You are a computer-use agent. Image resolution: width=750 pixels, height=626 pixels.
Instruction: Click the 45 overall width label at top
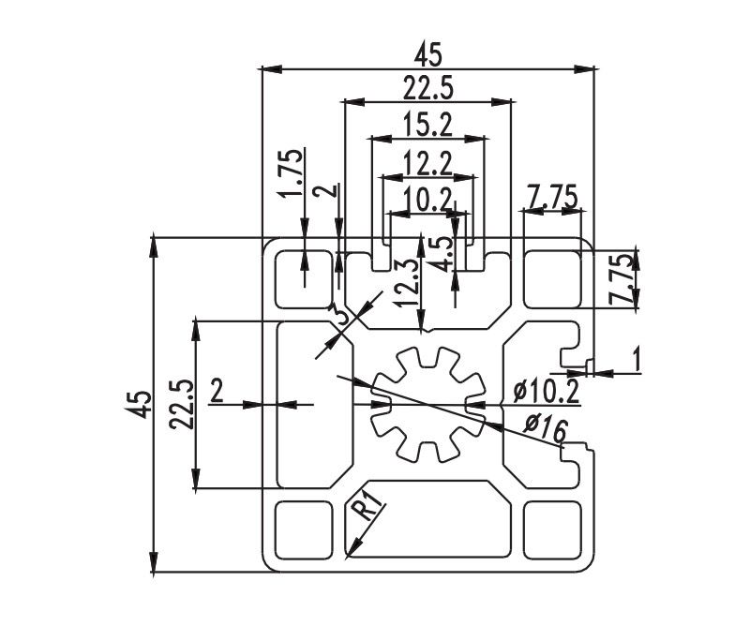[428, 54]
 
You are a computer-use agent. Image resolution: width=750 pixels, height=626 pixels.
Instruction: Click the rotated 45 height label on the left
[142, 404]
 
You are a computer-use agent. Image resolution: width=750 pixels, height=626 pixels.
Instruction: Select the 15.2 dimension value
[428, 125]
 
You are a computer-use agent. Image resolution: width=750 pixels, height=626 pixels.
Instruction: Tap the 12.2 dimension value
[428, 164]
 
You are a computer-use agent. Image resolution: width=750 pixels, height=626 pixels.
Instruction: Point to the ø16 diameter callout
[546, 428]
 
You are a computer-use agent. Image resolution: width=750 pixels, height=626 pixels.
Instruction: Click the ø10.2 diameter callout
[546, 392]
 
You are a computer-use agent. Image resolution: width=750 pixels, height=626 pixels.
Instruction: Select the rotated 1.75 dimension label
[291, 172]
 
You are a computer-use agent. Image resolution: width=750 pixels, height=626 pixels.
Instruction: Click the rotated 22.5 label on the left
[182, 404]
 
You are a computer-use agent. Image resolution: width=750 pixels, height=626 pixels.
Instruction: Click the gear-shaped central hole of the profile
[428, 405]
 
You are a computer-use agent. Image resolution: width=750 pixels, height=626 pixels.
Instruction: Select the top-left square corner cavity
[304, 279]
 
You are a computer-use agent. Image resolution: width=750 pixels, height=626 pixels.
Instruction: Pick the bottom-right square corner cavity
[552, 529]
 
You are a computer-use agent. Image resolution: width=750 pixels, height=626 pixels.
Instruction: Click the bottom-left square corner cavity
[304, 529]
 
